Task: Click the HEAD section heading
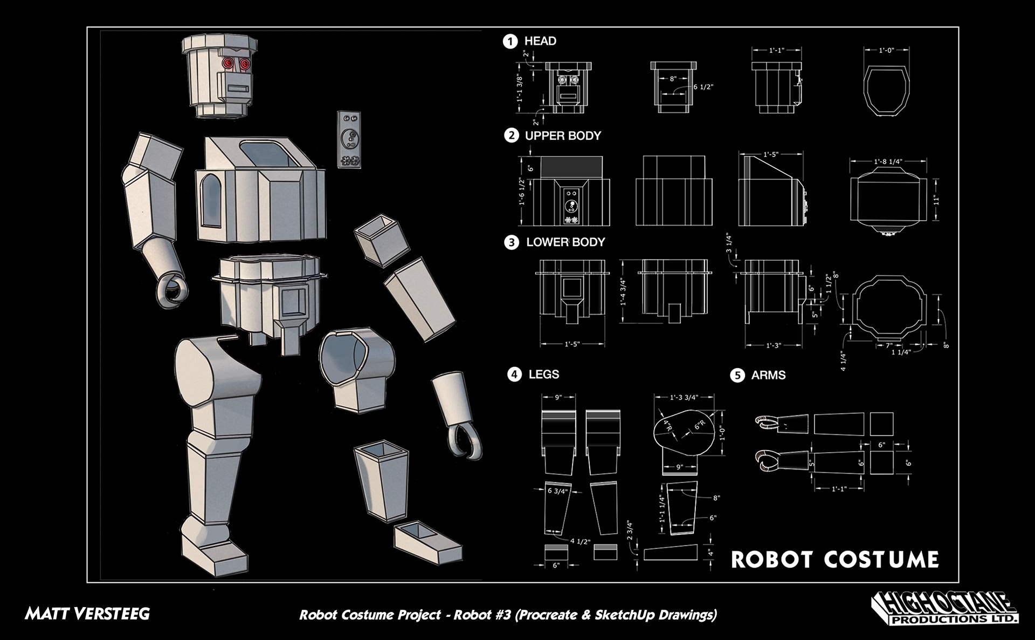(x=540, y=41)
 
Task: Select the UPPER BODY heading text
(x=563, y=136)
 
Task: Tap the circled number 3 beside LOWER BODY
(x=511, y=242)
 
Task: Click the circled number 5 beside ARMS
(x=737, y=375)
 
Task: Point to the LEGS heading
(x=543, y=375)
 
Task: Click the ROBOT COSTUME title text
(x=834, y=560)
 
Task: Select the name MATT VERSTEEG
(x=87, y=614)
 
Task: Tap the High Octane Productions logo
(x=944, y=609)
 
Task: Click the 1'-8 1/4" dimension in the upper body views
(x=888, y=161)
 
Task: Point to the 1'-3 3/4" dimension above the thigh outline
(x=684, y=398)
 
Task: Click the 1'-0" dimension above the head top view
(x=886, y=50)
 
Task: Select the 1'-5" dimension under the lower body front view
(x=572, y=344)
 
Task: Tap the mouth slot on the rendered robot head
(x=236, y=87)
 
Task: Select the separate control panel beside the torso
(x=349, y=140)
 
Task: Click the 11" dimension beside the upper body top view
(x=936, y=200)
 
